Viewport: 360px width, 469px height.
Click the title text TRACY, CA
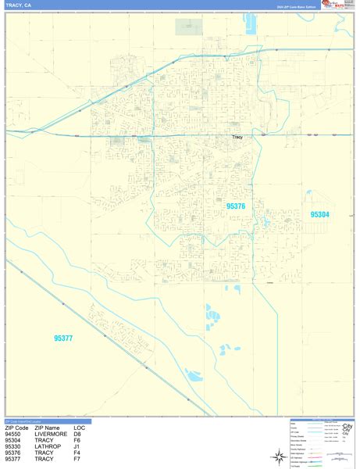point(19,5)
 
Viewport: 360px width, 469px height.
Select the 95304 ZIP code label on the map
point(320,215)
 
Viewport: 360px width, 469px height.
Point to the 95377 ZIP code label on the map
point(62,338)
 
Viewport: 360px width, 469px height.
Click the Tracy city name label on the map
point(238,138)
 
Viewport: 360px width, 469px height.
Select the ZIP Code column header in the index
point(18,428)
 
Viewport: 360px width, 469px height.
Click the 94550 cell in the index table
point(16,434)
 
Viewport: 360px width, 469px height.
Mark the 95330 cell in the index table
point(16,446)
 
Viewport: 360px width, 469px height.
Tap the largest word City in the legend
point(346,427)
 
